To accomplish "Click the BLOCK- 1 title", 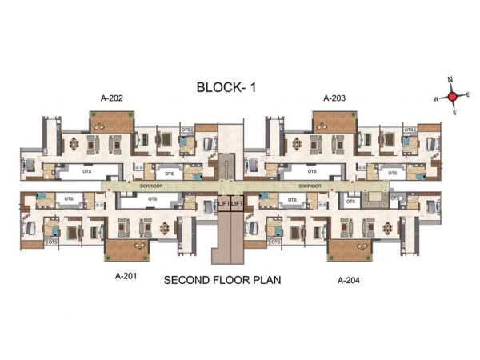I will point(226,87).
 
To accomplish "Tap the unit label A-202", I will point(110,98).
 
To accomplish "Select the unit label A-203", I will point(334,98).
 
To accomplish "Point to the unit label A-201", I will point(126,279).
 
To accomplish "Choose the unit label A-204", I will point(349,280).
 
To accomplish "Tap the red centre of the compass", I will point(452,97).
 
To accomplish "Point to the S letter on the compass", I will point(454,113).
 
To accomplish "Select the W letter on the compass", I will point(436,99).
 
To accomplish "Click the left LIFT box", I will point(224,204).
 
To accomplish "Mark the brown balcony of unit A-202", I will point(111,122).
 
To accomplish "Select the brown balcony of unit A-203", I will point(334,122).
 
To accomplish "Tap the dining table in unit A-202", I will point(74,145).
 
